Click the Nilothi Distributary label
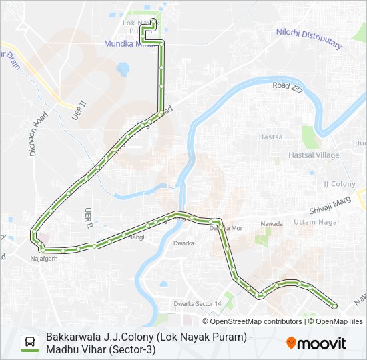pyautogui.click(x=309, y=38)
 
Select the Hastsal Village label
pyautogui.click(x=314, y=155)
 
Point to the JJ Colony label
pyautogui.click(x=340, y=183)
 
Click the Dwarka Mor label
pyautogui.click(x=224, y=228)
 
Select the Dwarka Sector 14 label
pyautogui.click(x=198, y=304)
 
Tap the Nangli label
pyautogui.click(x=137, y=237)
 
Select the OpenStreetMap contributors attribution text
pyautogui.click(x=247, y=321)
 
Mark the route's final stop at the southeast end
pyautogui.click(x=334, y=306)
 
